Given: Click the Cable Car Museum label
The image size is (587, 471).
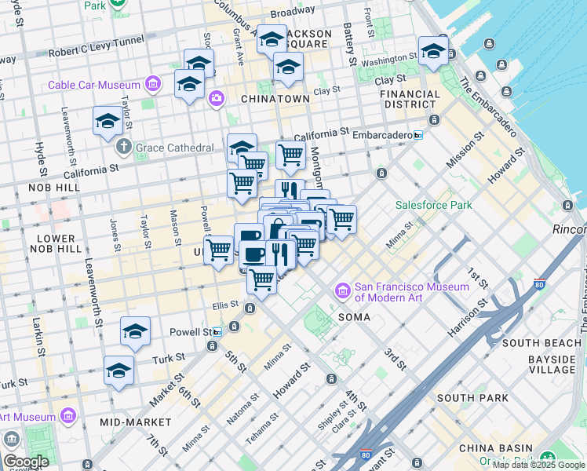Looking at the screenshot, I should click(93, 85).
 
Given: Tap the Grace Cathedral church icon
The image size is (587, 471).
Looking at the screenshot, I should click(125, 147).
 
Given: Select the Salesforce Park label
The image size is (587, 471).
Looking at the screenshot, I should click(433, 205).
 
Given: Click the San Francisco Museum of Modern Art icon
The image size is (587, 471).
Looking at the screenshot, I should click(343, 292).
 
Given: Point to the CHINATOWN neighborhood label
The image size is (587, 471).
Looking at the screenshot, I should click(275, 99).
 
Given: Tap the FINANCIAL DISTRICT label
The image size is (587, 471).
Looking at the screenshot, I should click(409, 99).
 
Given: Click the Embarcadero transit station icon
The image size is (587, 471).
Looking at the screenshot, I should click(418, 135).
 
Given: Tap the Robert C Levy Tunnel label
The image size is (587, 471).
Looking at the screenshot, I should click(96, 46).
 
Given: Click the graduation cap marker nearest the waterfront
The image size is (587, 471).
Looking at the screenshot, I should click(432, 52).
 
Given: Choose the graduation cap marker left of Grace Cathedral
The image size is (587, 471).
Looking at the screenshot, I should click(108, 122).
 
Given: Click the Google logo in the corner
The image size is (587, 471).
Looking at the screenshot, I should click(25, 461).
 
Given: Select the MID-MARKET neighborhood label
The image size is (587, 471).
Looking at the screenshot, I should click(129, 422).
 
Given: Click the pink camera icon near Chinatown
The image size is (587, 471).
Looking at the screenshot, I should click(216, 99).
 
